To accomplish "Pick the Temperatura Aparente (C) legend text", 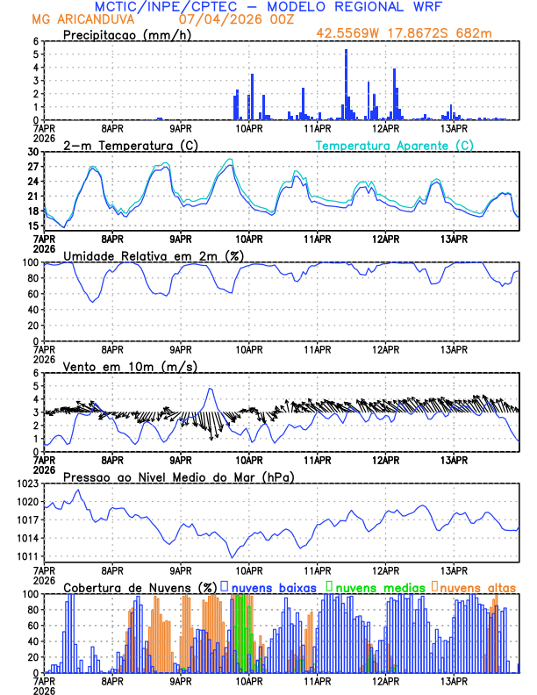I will [394, 145].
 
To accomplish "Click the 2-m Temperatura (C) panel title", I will [124, 145].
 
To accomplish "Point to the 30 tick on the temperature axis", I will [33, 152].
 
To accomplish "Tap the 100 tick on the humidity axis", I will [31, 262].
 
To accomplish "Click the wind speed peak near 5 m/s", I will [210, 389].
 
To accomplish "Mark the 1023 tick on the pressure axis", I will [28, 484].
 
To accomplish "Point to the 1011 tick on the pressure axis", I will [28, 556].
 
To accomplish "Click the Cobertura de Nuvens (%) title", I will [139, 587].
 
